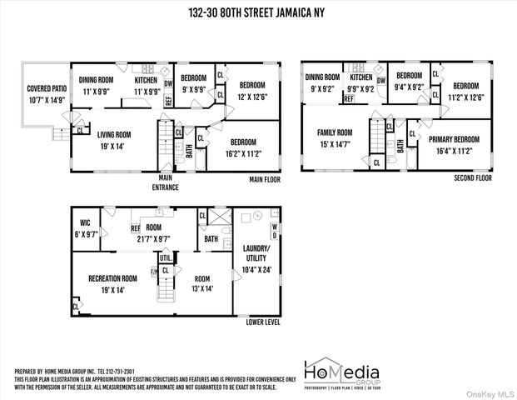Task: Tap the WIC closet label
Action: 86,223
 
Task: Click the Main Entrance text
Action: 165,182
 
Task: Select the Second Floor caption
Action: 473,178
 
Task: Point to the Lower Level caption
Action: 263,321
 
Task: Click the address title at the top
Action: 258,12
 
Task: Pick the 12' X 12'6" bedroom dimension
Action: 252,96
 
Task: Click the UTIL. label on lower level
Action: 154,258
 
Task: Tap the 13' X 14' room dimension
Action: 203,289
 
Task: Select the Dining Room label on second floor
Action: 322,77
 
